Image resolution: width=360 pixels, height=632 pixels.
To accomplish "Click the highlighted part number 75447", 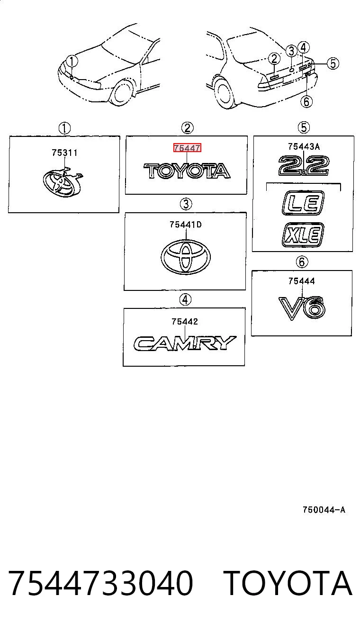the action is [x=187, y=147].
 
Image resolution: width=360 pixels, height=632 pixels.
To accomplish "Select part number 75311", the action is [x=64, y=153].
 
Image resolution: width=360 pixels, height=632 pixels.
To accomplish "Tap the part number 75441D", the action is [x=185, y=225].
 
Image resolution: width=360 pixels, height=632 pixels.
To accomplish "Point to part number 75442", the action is [x=185, y=321].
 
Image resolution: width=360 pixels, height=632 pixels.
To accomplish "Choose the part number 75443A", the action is [x=304, y=146].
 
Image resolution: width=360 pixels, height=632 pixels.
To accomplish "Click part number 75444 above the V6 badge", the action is [x=302, y=281].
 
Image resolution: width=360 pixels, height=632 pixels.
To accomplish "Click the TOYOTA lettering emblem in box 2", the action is [x=187, y=171].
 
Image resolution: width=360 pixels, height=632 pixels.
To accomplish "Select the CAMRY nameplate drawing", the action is [x=185, y=343].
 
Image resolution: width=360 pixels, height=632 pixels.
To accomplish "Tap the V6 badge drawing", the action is [x=302, y=308].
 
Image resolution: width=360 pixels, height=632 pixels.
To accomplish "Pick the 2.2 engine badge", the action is [x=304, y=166].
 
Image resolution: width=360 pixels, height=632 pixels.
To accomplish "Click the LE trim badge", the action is [x=303, y=203].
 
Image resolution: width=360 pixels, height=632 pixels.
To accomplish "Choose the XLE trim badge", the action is [x=303, y=235].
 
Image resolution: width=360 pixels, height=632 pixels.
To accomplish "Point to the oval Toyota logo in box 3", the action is [x=186, y=257].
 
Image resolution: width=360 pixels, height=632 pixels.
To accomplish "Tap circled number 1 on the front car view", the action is [x=72, y=62].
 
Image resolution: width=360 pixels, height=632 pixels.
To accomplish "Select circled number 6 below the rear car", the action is [x=306, y=101].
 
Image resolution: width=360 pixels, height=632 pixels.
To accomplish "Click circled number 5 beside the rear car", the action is [x=333, y=63].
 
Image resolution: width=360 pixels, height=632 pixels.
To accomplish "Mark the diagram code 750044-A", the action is [x=324, y=510].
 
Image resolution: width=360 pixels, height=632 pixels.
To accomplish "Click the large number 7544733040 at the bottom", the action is [x=101, y=583].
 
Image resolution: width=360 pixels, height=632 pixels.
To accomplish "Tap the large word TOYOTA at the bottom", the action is [x=288, y=583].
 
